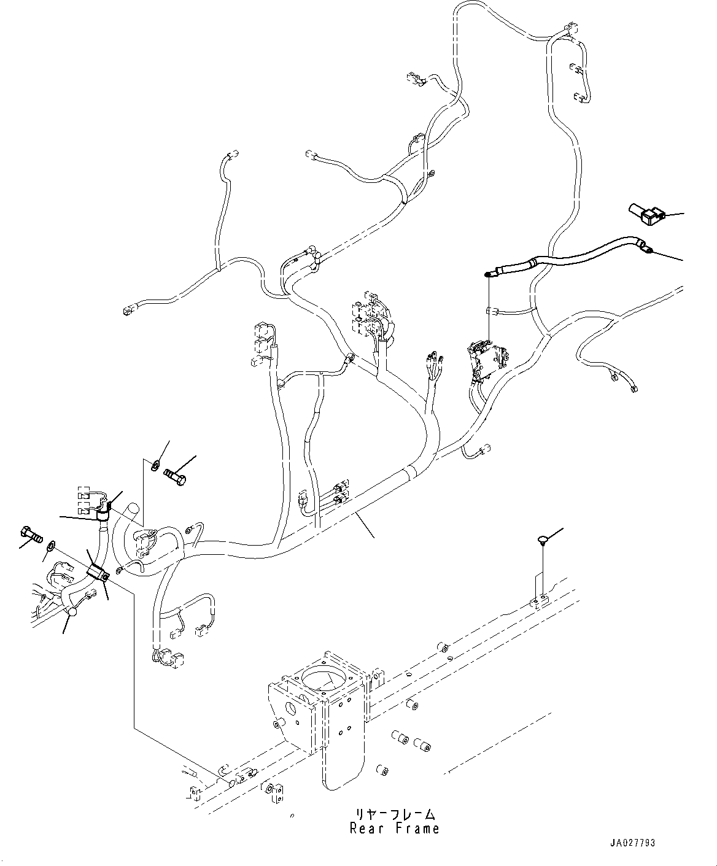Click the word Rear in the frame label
click(x=368, y=829)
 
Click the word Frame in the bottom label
click(x=416, y=829)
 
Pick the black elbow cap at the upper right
click(x=646, y=215)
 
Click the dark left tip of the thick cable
click(x=489, y=274)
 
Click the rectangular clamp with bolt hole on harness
click(x=99, y=573)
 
